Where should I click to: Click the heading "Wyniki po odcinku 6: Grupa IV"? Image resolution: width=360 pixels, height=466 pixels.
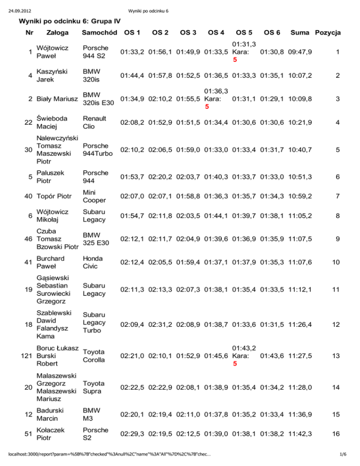pyautogui.click(x=69, y=21)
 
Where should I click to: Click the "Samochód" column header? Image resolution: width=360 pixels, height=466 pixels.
pyautogui.click(x=99, y=32)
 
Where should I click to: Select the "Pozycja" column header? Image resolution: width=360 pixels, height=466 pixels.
pyautogui.click(x=328, y=32)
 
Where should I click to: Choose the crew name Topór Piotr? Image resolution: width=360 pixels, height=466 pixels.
pyautogui.click(x=54, y=193)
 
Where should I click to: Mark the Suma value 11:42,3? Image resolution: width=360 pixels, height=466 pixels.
pyautogui.click(x=301, y=434)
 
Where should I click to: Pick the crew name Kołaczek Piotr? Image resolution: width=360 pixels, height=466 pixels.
pyautogui.click(x=53, y=434)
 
